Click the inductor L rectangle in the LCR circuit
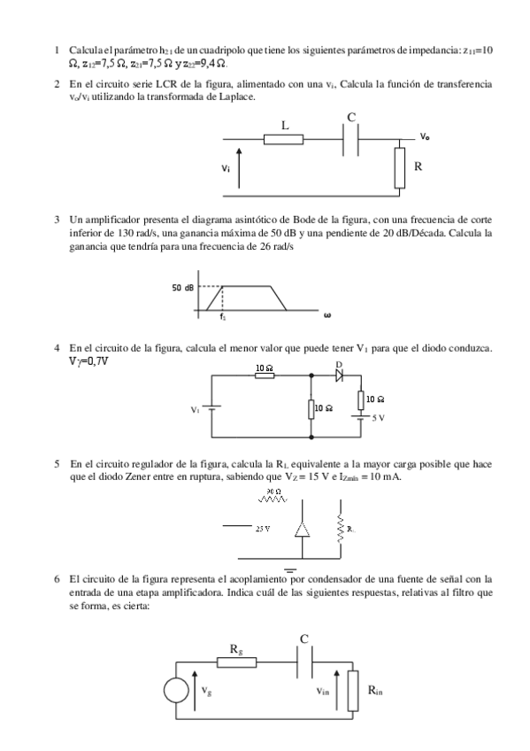284,139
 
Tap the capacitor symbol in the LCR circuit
351,139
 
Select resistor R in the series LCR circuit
400,168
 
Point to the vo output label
426,136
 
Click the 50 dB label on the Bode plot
184,287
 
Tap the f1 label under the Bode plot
223,316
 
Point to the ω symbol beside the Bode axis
327,314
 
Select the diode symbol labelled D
339,375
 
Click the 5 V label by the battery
377,417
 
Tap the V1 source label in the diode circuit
196,410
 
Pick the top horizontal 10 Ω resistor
265,375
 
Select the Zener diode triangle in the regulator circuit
303,529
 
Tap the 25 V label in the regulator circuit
262,528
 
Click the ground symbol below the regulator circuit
288,571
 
